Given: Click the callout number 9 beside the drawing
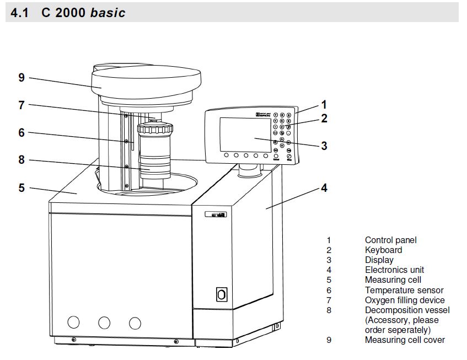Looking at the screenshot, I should click(22, 78).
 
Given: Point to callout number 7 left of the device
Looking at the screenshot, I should click(22, 104).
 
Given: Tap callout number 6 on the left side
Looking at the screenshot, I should click(22, 132).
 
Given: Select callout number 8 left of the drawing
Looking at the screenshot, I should click(22, 160).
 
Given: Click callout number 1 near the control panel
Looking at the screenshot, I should click(324, 104).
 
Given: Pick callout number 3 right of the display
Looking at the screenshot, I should click(324, 146).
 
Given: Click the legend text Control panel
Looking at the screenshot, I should click(390, 240).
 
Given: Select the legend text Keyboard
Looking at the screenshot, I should click(383, 250).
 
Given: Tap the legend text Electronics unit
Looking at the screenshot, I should click(394, 270).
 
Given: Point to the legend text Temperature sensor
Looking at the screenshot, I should click(404, 290).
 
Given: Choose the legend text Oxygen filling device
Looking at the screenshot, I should click(404, 300).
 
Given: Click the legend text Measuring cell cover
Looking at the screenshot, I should click(404, 340).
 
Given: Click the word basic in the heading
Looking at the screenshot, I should click(108, 12).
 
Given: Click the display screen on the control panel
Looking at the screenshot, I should click(245, 135).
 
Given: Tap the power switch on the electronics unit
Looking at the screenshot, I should click(222, 294).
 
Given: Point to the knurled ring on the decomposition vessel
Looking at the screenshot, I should click(155, 131).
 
